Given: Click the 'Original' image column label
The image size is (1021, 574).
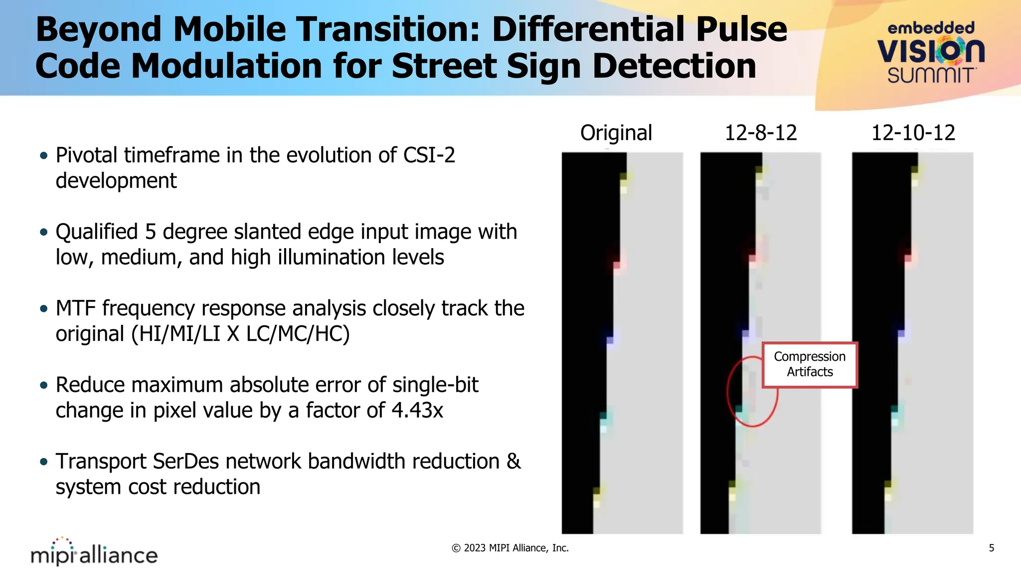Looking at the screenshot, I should [616, 133].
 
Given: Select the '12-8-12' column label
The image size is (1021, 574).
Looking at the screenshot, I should [761, 133].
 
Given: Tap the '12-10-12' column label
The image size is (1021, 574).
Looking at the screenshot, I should [913, 133].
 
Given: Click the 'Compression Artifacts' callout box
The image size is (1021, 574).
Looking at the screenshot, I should [810, 364].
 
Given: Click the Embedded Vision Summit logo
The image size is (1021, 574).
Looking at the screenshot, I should [930, 52].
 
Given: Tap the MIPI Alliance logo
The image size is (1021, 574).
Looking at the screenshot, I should [94, 552].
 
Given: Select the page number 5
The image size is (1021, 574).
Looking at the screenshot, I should [991, 548].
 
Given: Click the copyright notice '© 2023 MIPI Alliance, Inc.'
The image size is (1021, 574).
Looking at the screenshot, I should [510, 548].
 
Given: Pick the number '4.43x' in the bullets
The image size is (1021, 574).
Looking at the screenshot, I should [417, 411].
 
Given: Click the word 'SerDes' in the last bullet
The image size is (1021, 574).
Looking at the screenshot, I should [185, 461].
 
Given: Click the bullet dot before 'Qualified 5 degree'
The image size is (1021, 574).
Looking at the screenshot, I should [44, 232].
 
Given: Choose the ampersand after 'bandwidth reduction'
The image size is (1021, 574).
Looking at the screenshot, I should [513, 461].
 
